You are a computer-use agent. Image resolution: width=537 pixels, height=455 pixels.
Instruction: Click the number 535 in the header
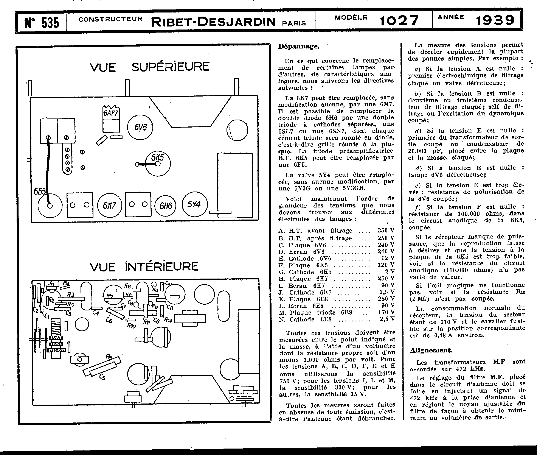50,23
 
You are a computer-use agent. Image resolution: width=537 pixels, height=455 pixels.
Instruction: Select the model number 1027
399,21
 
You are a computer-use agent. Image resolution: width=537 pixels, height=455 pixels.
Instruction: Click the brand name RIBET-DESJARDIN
213,22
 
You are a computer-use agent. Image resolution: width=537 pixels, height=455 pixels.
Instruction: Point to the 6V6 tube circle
140,127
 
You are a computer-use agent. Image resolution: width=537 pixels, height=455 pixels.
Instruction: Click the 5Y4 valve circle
194,204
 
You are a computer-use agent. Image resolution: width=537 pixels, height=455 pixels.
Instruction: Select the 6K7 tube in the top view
109,206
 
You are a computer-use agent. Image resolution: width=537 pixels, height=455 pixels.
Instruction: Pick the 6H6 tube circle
166,206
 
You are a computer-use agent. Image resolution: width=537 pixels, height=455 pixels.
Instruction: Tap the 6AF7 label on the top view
111,113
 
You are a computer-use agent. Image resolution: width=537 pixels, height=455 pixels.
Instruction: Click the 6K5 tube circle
158,163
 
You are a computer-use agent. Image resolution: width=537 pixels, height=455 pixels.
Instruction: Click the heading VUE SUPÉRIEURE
149,67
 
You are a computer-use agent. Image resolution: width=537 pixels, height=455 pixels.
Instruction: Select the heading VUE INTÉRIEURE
144,267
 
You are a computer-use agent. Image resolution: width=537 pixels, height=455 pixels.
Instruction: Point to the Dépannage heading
298,47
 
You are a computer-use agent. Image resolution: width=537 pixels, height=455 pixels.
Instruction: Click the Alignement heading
431,350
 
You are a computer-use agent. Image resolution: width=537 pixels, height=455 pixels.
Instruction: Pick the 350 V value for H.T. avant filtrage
386,231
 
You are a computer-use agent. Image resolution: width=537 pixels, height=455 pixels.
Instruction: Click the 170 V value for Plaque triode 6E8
386,312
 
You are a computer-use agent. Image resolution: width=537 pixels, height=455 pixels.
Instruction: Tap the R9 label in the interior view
109,357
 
